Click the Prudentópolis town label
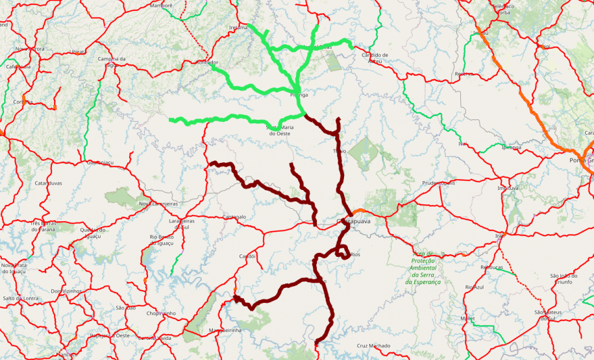(439, 183)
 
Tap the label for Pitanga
(299, 95)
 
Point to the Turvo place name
(340, 151)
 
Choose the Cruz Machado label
(373, 346)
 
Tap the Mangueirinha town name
(225, 330)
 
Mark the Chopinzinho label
(161, 313)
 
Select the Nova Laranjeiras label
(158, 204)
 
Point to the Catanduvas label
(48, 184)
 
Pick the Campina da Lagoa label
(112, 62)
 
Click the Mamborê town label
(161, 5)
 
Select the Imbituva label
(508, 188)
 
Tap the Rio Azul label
(475, 287)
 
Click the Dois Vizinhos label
(66, 291)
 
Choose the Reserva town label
(464, 74)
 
